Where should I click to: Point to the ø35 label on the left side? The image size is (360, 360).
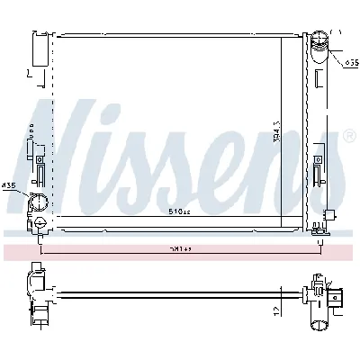pyautogui.click(x=9, y=185)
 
